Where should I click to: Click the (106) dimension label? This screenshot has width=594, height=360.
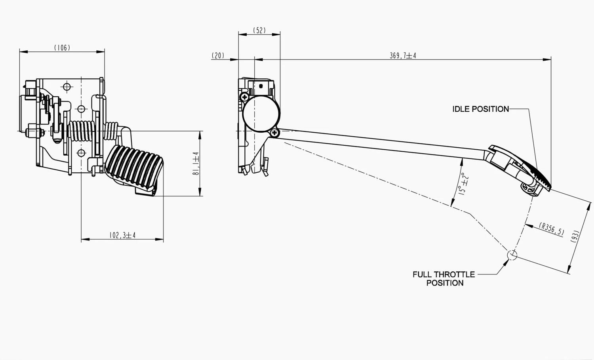point(62,48)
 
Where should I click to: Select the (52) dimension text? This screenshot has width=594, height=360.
point(259,30)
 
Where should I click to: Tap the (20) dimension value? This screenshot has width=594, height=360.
point(218,56)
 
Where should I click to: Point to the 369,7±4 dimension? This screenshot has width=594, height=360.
point(403,56)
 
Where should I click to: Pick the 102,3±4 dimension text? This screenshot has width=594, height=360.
point(122,235)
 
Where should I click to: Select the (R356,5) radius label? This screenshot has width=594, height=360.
point(552,229)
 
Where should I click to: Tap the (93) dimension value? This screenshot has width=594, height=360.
point(575,236)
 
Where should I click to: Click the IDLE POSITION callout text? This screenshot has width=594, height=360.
point(480,109)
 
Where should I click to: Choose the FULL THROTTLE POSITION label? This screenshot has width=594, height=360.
point(444,278)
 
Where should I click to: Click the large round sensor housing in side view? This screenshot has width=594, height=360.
point(261,114)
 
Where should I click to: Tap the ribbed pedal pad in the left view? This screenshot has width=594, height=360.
point(135,166)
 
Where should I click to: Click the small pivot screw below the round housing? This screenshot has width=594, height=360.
point(274,133)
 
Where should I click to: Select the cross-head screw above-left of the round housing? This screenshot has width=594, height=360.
point(245,96)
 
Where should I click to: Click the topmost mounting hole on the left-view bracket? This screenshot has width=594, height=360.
point(67,86)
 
